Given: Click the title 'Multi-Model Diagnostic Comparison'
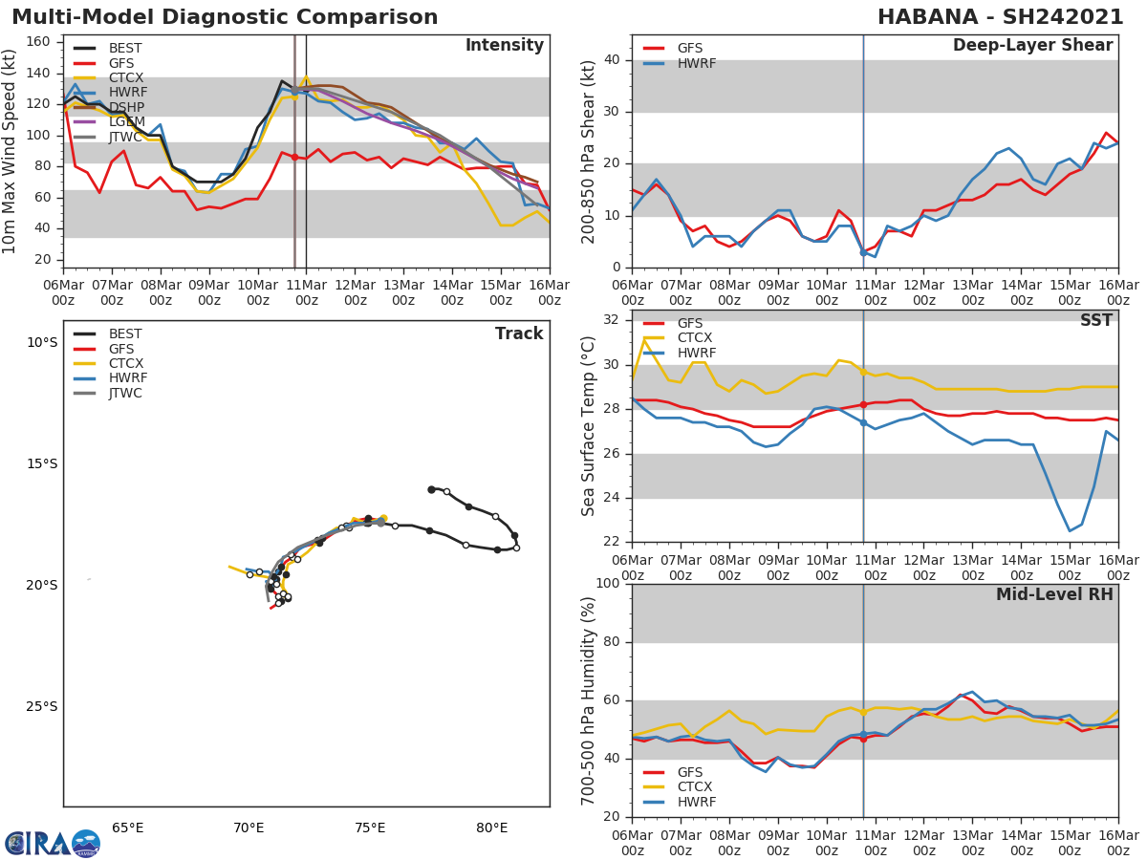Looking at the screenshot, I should [x=225, y=17].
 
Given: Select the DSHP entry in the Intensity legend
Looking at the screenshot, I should [x=127, y=107].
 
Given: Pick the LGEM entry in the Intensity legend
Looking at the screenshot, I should [x=127, y=121].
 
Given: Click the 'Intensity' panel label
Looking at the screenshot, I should [x=504, y=46].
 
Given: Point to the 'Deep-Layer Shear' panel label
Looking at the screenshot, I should [x=1032, y=46].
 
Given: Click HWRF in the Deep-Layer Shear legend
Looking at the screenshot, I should [x=696, y=63].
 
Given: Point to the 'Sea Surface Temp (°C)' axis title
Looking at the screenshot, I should [x=589, y=426].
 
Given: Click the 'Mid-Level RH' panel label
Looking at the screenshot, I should [x=1054, y=595].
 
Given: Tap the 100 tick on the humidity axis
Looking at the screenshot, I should [x=609, y=584].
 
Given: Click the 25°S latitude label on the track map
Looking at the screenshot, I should [x=41, y=707].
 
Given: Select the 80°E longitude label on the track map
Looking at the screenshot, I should [x=491, y=828].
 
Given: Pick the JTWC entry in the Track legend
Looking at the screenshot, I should [x=125, y=393].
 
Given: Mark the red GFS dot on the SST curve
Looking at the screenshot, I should [x=863, y=405].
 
